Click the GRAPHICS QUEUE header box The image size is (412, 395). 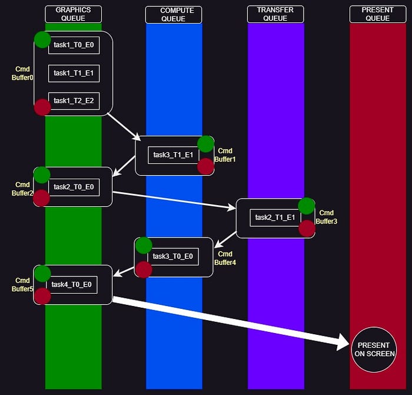[73, 14]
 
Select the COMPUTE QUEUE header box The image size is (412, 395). [174, 14]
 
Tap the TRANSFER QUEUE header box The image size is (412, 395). [275, 14]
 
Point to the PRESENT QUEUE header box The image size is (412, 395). [377, 14]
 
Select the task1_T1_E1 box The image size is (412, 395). [74, 73]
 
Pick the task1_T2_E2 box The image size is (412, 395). [74, 101]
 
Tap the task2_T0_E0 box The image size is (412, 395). [74, 187]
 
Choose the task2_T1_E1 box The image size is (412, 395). [275, 218]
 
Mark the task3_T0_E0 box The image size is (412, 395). [173, 256]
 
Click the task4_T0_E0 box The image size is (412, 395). [71, 285]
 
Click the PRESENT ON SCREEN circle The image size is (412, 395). [374, 350]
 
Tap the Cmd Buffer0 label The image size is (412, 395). [23, 74]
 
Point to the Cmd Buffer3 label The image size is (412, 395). [326, 218]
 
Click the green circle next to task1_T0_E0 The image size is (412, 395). [42, 39]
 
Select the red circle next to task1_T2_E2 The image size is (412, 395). [42, 107]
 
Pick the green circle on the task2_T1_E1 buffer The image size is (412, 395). [306, 206]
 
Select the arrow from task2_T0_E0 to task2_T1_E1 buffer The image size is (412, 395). [174, 200]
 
